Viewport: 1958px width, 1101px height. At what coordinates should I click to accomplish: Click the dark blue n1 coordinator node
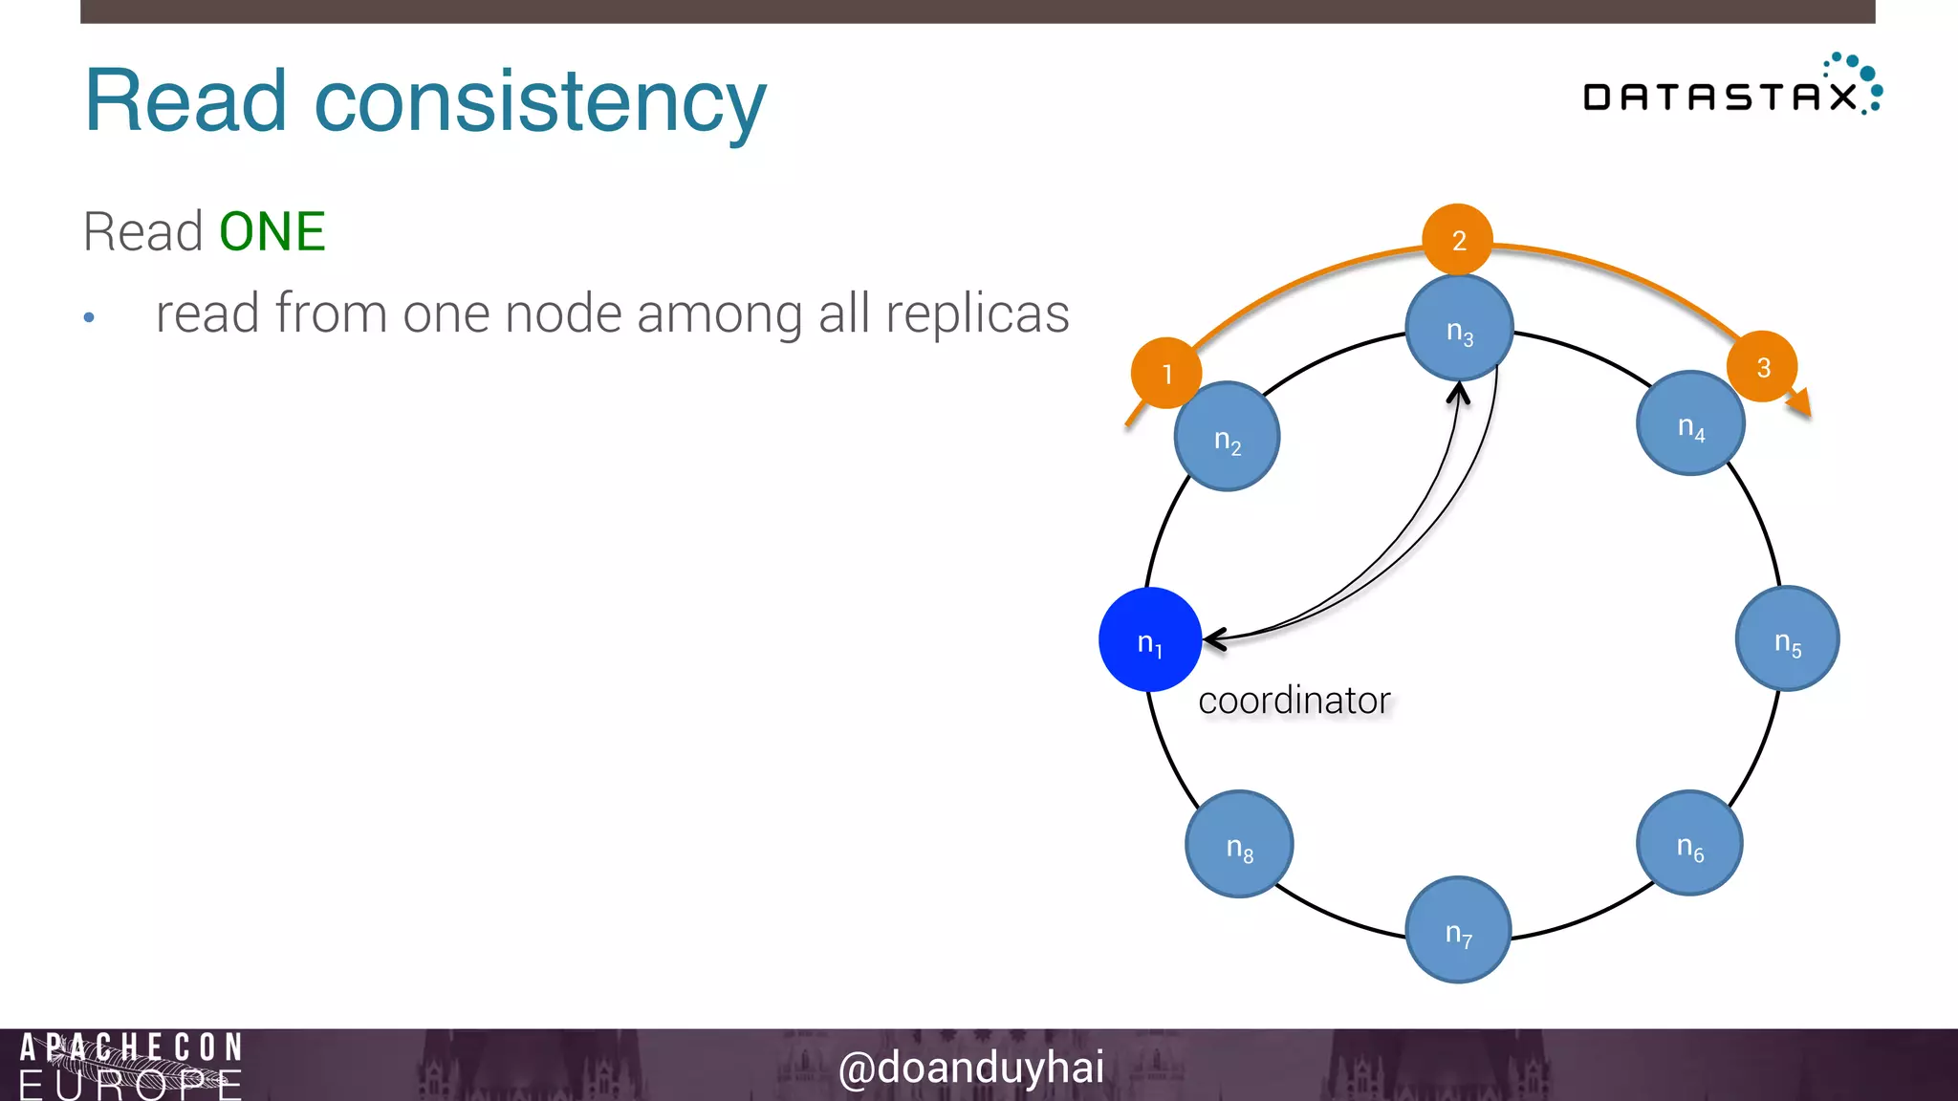coord(1150,639)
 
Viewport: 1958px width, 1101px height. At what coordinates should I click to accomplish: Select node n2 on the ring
coord(1227,437)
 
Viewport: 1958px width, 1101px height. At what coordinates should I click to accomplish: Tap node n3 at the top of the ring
coord(1459,328)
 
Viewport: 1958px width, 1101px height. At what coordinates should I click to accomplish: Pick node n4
coord(1690,423)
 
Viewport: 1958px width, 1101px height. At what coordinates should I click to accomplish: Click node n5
coord(1787,638)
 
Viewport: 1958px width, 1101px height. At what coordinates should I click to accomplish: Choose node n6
coord(1689,843)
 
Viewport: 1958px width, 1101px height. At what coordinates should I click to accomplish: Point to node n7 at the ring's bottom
coord(1458,929)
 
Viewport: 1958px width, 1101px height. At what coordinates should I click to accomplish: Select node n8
coord(1239,844)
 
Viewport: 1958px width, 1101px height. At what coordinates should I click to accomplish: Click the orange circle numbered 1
coord(1166,373)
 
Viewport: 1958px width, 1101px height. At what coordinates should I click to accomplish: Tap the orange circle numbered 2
coord(1458,239)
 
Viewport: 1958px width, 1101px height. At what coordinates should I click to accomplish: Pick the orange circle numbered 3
coord(1762,366)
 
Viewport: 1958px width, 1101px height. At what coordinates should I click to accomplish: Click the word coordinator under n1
coord(1294,701)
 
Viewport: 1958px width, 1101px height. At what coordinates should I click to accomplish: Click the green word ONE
coord(272,232)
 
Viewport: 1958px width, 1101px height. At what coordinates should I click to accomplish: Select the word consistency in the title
coord(540,102)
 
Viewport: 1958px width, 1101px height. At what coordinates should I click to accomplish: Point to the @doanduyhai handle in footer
coord(970,1067)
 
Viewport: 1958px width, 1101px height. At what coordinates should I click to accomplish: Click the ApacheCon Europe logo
coord(131,1066)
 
